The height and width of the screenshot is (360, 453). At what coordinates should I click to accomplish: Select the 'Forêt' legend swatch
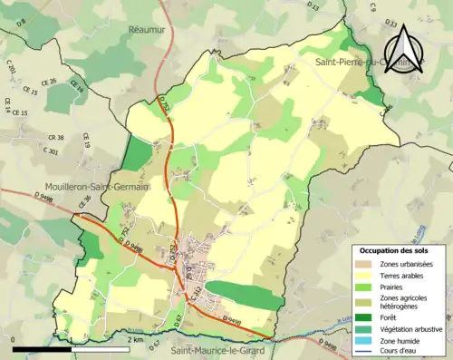365,316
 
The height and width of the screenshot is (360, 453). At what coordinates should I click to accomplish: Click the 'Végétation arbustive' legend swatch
365,328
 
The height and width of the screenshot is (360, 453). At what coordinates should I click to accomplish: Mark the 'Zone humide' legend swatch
365,340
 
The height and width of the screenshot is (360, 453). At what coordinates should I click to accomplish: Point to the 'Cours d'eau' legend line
365,351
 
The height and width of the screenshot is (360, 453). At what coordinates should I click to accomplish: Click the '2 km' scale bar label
136,339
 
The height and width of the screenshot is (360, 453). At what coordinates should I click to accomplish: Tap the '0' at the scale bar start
14,339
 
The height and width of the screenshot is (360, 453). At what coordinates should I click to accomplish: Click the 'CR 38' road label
55,138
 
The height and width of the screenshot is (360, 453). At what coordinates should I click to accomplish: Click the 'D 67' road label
153,345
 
